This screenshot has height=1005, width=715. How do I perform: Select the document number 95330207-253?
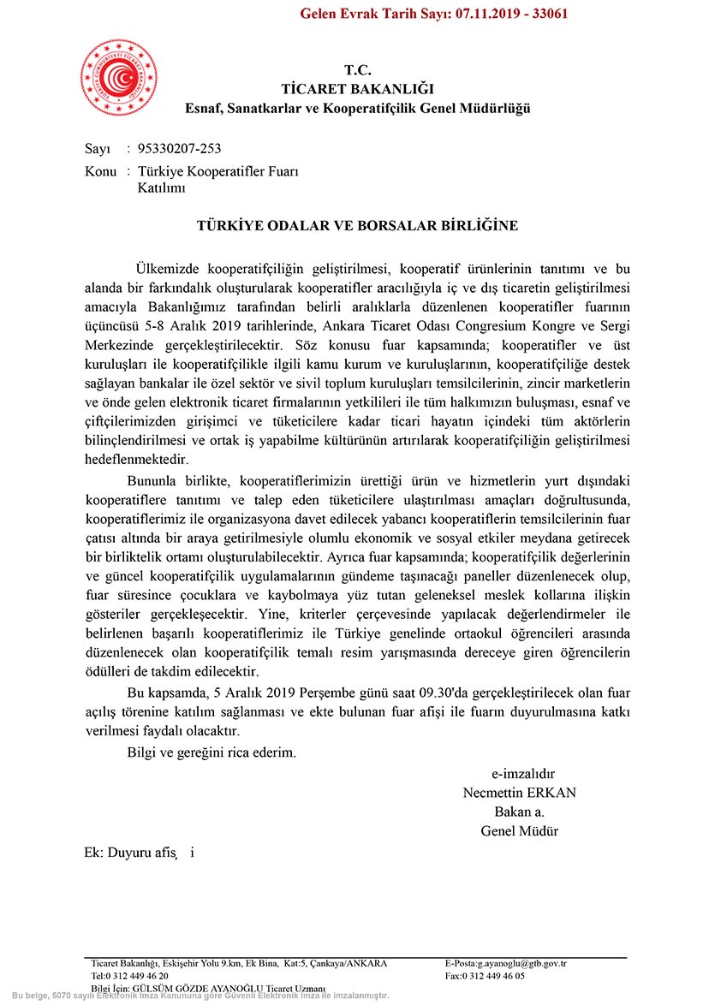pyautogui.click(x=179, y=149)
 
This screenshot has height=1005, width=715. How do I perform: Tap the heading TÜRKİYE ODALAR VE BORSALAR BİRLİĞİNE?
pyautogui.click(x=357, y=226)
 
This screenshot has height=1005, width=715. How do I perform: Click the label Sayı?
pyautogui.click(x=98, y=149)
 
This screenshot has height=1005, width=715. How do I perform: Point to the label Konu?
pyautogui.click(x=101, y=172)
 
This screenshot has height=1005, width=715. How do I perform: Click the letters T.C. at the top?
pyautogui.click(x=358, y=70)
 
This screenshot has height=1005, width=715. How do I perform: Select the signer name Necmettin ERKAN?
pyautogui.click(x=519, y=793)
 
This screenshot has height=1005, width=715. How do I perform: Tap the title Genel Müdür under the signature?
pyautogui.click(x=519, y=831)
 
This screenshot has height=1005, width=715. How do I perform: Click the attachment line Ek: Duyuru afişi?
pyautogui.click(x=140, y=853)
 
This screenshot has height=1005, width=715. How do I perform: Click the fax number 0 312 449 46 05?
pyautogui.click(x=496, y=976)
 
